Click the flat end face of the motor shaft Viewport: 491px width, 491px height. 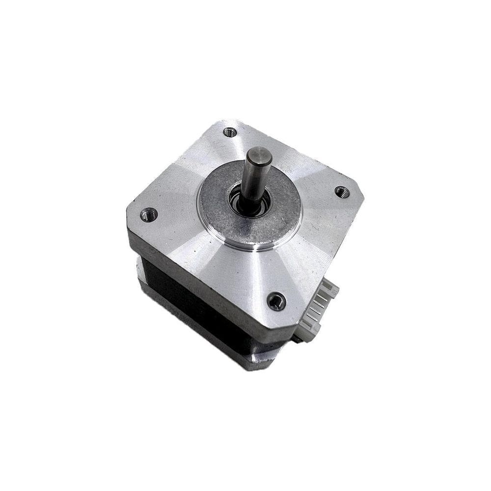tap(259, 157)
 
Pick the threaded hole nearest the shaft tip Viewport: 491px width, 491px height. tap(230, 132)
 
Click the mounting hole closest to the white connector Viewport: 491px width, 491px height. tap(276, 300)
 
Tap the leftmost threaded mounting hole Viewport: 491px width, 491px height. tap(148, 214)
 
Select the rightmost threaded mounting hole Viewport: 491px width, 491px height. tap(342, 192)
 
